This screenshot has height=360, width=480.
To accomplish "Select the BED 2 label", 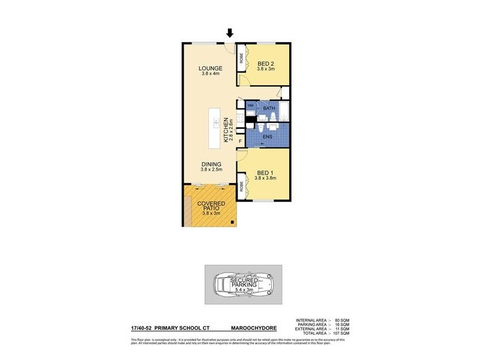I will pyautogui.click(x=266, y=64).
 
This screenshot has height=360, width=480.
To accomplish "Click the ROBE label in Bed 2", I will pyautogui.click(x=242, y=59).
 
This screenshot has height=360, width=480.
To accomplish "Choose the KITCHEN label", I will pyautogui.click(x=226, y=129).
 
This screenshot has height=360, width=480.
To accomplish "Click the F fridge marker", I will pyautogui.click(x=240, y=142).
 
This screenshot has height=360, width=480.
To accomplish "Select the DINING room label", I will pyautogui.click(x=211, y=164).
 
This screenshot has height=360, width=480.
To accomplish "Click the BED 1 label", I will pyautogui.click(x=265, y=173).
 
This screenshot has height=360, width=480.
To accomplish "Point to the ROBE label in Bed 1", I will pyautogui.click(x=242, y=186).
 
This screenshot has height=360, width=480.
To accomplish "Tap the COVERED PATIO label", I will pyautogui.click(x=210, y=207).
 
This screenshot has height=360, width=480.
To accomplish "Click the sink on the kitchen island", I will pyautogui.click(x=215, y=124).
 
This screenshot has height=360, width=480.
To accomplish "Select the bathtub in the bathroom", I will pyautogui.click(x=284, y=111).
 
